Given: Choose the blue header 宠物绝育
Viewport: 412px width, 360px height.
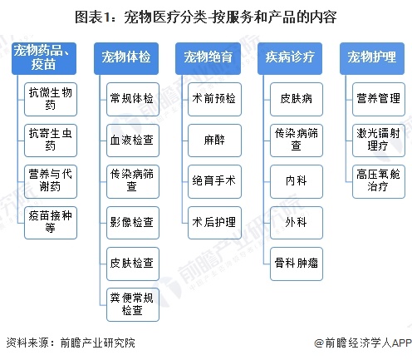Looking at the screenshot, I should [208, 57].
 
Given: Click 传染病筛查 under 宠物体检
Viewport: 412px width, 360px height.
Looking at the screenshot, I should [131, 180].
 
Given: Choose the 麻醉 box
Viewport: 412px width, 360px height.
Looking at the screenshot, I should [213, 139].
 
